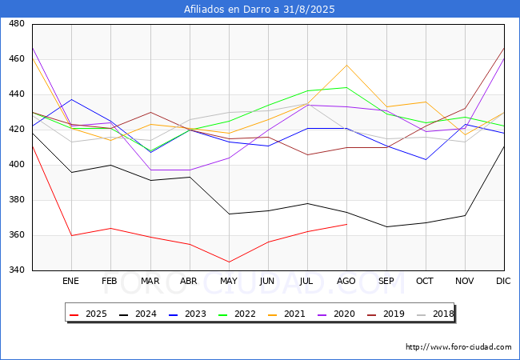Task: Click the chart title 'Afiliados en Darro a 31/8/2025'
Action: coord(259,10)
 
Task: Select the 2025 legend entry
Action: coord(88,314)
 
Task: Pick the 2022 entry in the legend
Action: coord(237,314)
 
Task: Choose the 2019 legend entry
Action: coord(386,314)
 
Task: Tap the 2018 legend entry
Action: coord(435,314)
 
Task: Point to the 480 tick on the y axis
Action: coord(17,23)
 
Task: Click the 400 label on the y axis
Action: coord(17,165)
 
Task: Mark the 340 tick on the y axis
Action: coord(17,270)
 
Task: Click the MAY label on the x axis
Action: coord(229,281)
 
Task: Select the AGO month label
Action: coord(346,281)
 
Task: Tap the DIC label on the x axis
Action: coord(503,281)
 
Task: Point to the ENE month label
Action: coord(71,281)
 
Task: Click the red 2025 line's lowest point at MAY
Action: coord(229,262)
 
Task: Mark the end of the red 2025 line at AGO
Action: coord(347,225)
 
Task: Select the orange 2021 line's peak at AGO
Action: coord(347,65)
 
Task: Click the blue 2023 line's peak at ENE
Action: coord(72,99)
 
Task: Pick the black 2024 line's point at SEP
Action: coord(386,226)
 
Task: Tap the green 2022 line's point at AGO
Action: coord(347,87)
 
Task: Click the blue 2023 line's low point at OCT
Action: coord(426,159)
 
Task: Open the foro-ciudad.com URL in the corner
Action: coord(458,347)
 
